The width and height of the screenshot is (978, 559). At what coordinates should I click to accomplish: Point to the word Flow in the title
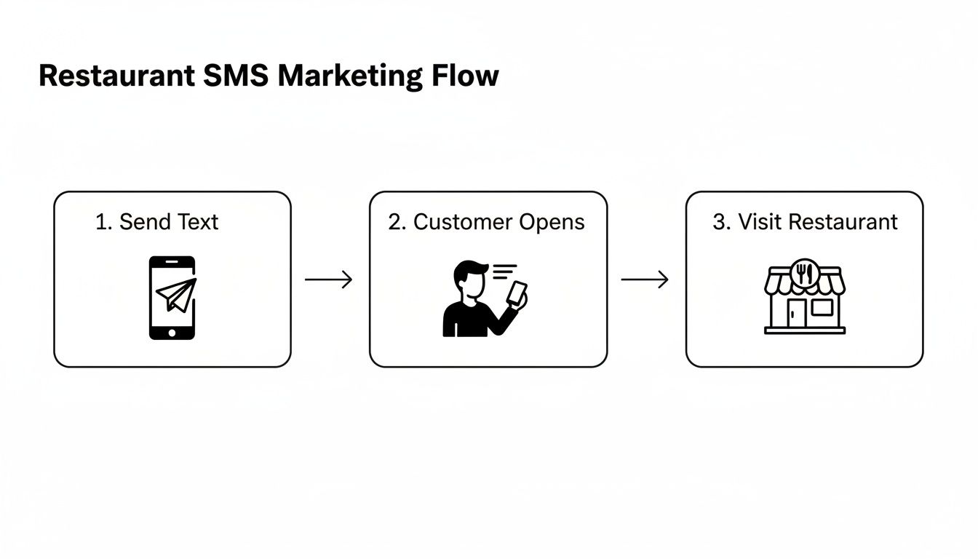click(x=469, y=76)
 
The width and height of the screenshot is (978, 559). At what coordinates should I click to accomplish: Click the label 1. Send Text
click(x=156, y=222)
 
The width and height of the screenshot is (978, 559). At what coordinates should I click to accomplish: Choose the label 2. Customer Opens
click(x=486, y=222)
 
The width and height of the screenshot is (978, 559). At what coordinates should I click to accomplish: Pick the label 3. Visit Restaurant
click(x=805, y=222)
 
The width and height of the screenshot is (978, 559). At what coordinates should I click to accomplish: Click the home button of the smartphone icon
click(x=172, y=332)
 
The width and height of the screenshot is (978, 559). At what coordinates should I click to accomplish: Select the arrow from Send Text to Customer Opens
click(x=328, y=279)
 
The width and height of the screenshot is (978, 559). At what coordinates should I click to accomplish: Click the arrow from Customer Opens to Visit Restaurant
click(x=645, y=279)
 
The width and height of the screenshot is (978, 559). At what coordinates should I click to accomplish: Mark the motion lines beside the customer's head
click(x=504, y=271)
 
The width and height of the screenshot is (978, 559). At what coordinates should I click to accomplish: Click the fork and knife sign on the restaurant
click(x=804, y=271)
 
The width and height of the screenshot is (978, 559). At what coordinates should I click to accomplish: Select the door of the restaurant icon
click(x=797, y=314)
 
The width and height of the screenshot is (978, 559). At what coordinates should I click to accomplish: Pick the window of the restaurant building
click(x=822, y=308)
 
